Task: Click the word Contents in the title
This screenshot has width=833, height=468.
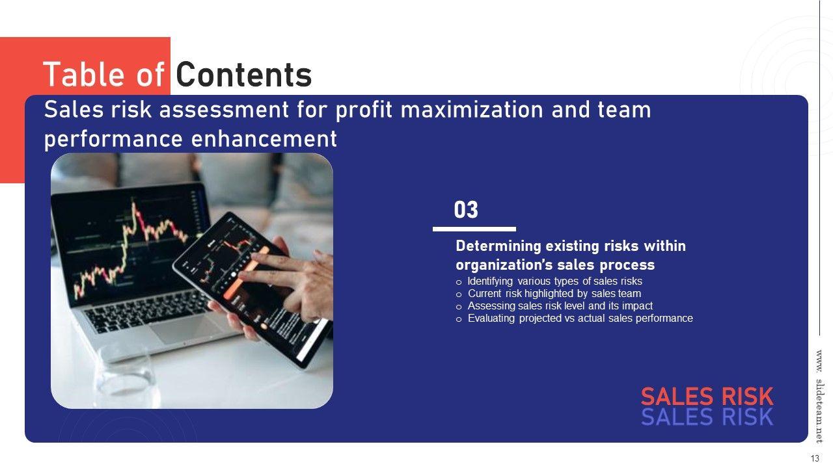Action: pos(243,75)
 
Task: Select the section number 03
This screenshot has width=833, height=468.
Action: pos(466,210)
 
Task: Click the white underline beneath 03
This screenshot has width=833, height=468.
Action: pos(474,229)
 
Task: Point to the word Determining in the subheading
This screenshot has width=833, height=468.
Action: pos(498,246)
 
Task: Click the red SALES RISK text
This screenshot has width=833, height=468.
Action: pos(707,396)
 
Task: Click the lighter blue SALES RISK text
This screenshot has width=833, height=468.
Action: pos(707,417)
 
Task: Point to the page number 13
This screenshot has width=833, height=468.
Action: pos(815,458)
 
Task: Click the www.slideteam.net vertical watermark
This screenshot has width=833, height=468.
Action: pos(819,396)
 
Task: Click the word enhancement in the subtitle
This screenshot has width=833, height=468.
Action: pos(264,139)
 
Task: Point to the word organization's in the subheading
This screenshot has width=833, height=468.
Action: pos(504,265)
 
